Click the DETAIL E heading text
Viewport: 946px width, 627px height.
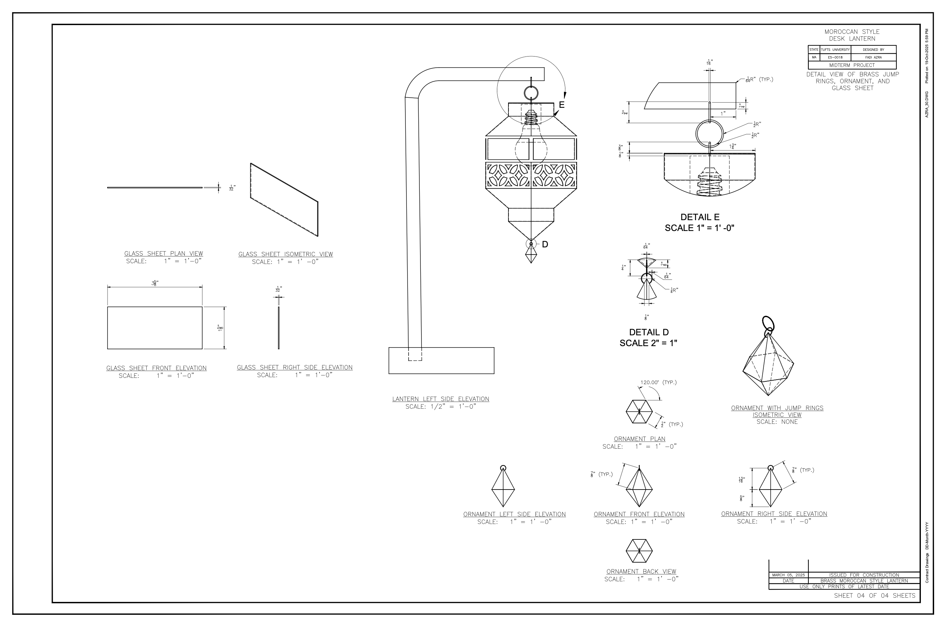(x=699, y=217)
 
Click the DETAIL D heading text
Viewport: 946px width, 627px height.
(x=649, y=332)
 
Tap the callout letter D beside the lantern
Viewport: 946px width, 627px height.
(x=545, y=244)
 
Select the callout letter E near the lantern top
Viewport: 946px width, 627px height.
(x=562, y=105)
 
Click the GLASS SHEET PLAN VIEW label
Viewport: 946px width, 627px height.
(x=163, y=254)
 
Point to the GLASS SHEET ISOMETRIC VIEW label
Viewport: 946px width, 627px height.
(x=285, y=254)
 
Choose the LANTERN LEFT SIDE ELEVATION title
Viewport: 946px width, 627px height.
(x=440, y=399)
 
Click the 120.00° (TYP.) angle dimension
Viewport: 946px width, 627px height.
(x=658, y=382)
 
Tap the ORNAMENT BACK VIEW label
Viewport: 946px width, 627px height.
(x=641, y=572)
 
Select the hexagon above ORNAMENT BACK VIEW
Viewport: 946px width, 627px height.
(x=639, y=551)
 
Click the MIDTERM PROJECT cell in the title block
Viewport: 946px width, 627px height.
(x=852, y=65)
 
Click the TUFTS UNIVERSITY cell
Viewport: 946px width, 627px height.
(x=835, y=50)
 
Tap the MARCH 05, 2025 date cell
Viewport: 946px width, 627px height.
(x=788, y=575)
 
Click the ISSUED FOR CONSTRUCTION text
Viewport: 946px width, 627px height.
(x=864, y=575)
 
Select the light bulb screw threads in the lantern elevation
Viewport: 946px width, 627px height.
(x=531, y=118)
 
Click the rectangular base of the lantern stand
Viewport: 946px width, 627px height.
(x=441, y=361)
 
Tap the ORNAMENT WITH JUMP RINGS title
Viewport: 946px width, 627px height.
(x=777, y=408)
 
